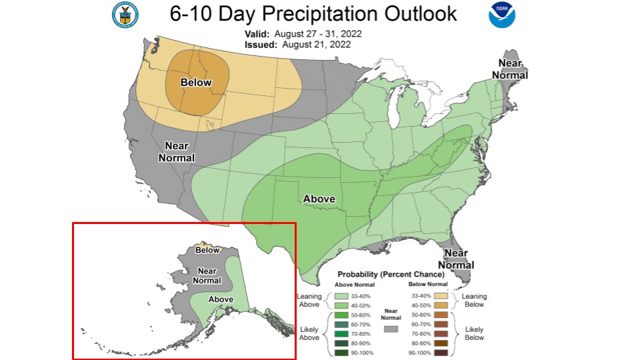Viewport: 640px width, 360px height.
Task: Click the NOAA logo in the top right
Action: [x=501, y=15]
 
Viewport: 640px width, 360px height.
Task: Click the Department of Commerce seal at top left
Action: [x=123, y=15]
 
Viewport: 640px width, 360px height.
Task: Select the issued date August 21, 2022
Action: [x=316, y=44]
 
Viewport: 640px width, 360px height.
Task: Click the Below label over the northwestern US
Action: [x=196, y=83]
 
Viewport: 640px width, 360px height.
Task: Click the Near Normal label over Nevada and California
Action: [x=176, y=152]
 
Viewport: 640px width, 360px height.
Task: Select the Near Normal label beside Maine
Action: [x=510, y=69]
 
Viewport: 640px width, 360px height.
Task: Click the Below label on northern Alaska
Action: [x=207, y=250]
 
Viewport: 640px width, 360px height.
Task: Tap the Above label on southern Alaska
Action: [x=221, y=299]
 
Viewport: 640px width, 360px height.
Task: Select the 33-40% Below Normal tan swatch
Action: [x=439, y=295]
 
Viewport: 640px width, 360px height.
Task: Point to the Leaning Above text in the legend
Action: [x=309, y=301]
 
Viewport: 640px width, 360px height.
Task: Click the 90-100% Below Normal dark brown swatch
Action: [x=439, y=351]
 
